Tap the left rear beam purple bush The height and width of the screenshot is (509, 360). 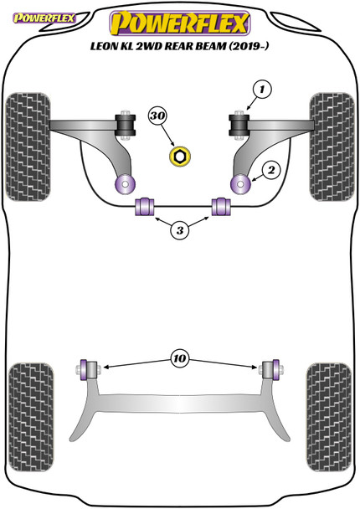click(x=86, y=368)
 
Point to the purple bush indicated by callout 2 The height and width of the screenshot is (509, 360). click(x=239, y=181)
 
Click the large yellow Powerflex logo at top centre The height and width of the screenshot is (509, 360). click(x=179, y=18)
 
